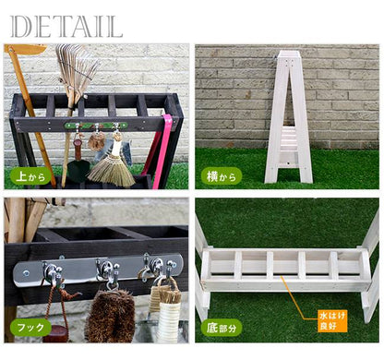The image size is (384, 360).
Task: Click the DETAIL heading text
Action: coord(66,27)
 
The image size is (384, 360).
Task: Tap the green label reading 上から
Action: coord(30,176)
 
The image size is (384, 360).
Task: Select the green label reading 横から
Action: coord(222,176)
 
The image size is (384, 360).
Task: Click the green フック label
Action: coord(30,327)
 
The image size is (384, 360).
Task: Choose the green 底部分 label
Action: coord(222,328)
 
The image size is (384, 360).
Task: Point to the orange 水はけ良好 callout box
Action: coord(332,321)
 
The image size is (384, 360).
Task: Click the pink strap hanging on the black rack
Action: coord(162,150)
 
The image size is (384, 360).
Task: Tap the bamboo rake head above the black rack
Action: coord(77,66)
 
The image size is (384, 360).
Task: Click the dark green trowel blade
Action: coord(78,171)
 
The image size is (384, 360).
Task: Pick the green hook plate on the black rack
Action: coord(96,126)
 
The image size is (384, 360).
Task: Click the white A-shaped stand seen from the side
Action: coord(289,117)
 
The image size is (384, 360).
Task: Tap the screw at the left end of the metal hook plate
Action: coord(26,272)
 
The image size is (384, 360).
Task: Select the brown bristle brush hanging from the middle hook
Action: coord(110,316)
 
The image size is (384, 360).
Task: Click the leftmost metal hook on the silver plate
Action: coord(53,273)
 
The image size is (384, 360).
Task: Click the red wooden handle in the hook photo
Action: coord(55,333)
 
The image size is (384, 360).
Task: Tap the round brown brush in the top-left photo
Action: coord(97,141)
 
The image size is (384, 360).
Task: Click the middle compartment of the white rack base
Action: coord(285,264)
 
